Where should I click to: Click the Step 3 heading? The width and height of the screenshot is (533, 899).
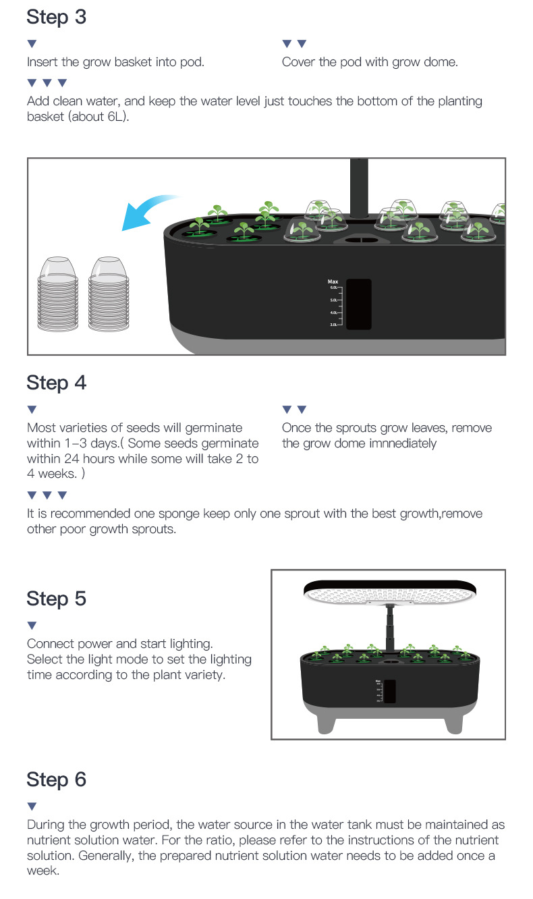(57, 17)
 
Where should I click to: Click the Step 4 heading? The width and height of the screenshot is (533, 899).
(57, 383)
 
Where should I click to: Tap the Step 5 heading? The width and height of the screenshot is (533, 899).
(57, 599)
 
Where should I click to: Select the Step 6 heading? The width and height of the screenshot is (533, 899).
(57, 780)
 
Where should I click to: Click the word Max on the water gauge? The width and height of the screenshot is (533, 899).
(333, 281)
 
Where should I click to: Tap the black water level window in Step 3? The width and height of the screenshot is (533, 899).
(358, 304)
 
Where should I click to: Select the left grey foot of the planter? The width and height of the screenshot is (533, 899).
(326, 719)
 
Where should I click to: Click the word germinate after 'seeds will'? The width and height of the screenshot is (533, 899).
(208, 428)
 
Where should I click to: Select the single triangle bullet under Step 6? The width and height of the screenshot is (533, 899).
(32, 807)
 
